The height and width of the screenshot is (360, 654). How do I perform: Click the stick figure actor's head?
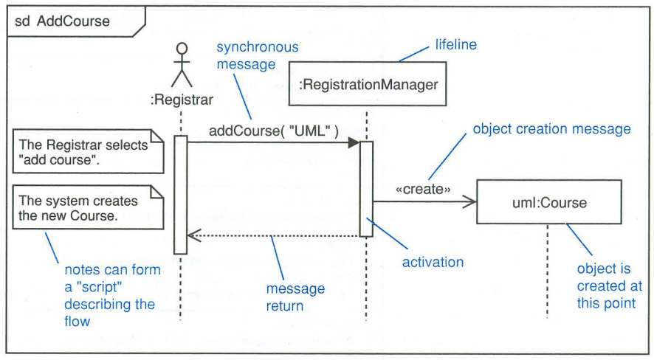[x=181, y=49]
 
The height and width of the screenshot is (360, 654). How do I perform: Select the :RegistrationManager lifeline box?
[x=368, y=85]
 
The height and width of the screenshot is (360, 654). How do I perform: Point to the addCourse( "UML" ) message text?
[x=273, y=131]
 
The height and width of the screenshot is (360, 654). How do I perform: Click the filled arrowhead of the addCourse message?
[x=354, y=143]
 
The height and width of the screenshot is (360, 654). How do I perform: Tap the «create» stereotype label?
[x=423, y=189]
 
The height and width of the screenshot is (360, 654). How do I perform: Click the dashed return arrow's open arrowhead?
[x=193, y=235]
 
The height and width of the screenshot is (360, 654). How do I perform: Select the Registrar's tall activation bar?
[x=180, y=195]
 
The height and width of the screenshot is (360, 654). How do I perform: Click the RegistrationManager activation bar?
[x=367, y=189]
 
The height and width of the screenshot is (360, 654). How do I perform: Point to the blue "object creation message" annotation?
[x=551, y=129]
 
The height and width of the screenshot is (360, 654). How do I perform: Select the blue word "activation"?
[x=433, y=262]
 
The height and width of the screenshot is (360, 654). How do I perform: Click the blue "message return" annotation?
[x=295, y=297]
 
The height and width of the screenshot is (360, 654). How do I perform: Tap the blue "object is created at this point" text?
[x=609, y=286]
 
